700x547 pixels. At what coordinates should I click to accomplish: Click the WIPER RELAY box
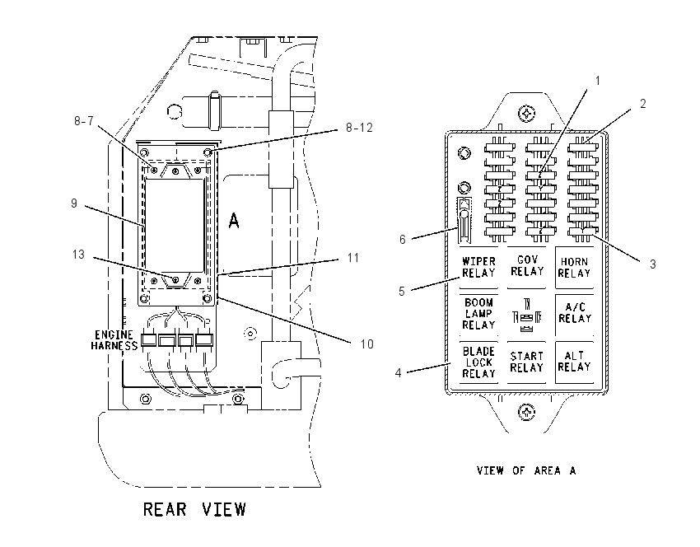[x=478, y=268]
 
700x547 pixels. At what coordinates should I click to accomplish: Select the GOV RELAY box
[x=527, y=267]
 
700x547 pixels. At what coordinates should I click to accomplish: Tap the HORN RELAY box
[x=575, y=268]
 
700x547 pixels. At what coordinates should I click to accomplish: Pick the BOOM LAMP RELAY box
[x=478, y=314]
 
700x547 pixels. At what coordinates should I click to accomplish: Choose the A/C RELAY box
[x=575, y=314]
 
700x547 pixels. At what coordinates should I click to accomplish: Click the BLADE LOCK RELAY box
[x=478, y=362]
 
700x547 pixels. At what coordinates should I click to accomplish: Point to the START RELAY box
[x=527, y=362]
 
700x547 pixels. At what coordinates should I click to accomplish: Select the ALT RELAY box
[x=575, y=362]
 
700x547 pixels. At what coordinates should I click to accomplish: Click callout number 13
[x=78, y=255]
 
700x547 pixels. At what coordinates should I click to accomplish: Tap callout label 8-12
[x=359, y=128]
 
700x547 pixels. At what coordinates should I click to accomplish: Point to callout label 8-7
[x=83, y=121]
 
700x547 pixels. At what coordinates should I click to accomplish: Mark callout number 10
[x=367, y=344]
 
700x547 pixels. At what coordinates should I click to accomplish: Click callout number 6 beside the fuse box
[x=402, y=240]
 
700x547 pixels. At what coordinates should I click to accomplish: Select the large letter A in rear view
[x=234, y=221]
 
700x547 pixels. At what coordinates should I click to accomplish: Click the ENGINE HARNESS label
[x=114, y=340]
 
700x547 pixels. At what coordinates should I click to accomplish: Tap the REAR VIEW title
[x=194, y=509]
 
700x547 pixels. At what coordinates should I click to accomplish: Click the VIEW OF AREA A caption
[x=526, y=470]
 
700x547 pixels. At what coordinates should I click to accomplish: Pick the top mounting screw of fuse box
[x=527, y=114]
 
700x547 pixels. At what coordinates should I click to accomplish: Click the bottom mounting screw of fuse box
[x=527, y=411]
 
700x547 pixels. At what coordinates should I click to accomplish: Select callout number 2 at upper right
[x=643, y=104]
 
